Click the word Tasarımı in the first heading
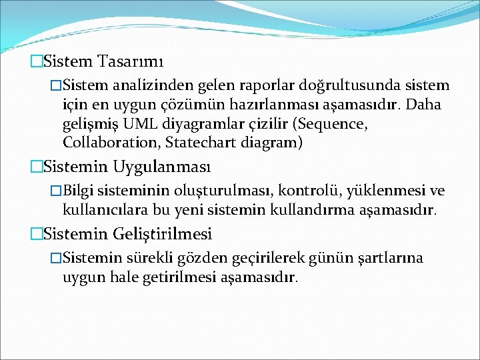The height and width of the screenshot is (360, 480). [130, 62]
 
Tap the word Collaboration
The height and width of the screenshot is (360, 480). [111, 143]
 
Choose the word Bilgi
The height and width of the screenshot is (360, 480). [81, 192]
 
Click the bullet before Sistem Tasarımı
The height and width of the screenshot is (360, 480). [36, 62]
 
